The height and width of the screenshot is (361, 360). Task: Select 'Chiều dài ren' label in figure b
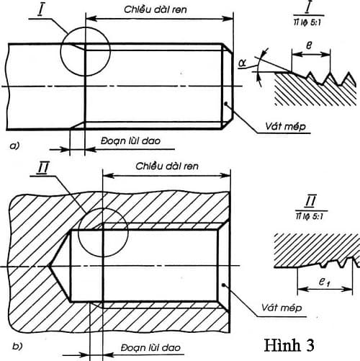pos(168,166)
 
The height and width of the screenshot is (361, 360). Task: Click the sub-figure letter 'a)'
pos(14,146)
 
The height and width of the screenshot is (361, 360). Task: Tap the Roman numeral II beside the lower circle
pos(45,169)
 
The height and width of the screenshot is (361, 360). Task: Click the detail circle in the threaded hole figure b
pos(102,233)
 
